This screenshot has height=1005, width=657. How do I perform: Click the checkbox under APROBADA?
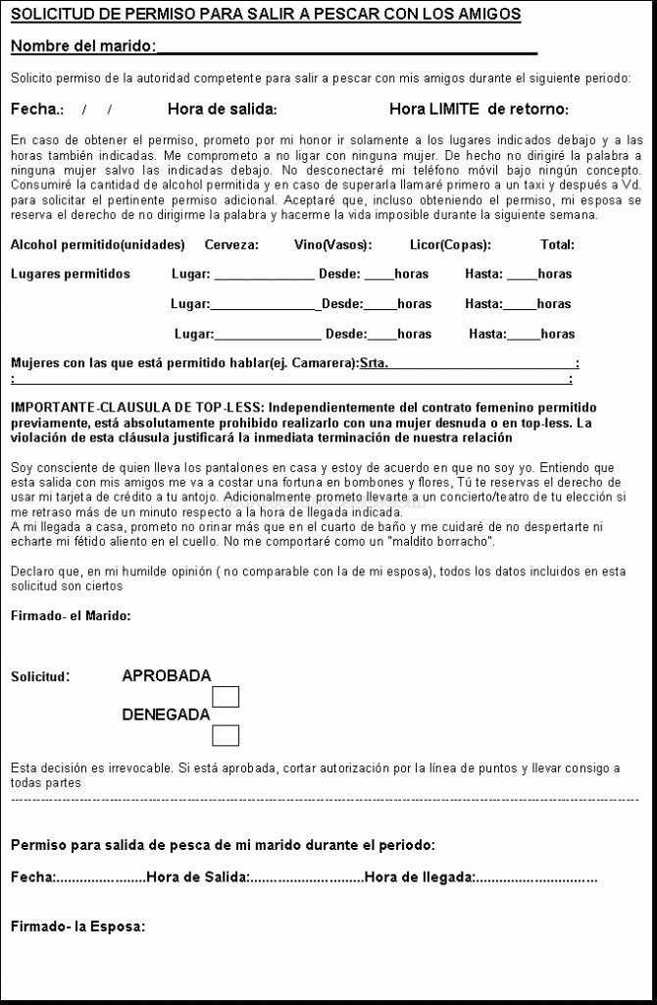pyautogui.click(x=226, y=698)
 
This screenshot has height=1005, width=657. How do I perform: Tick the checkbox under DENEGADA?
pyautogui.click(x=226, y=735)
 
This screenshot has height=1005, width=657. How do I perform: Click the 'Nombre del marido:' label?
pyautogui.click(x=83, y=47)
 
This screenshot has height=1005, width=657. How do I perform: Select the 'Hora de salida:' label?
pyautogui.click(x=223, y=109)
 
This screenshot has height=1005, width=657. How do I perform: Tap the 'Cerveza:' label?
pyautogui.click(x=231, y=244)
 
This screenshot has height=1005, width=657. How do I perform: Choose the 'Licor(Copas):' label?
pyautogui.click(x=450, y=244)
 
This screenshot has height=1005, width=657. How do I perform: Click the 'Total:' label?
pyautogui.click(x=557, y=244)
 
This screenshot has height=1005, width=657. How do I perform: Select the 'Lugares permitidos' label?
pyautogui.click(x=70, y=274)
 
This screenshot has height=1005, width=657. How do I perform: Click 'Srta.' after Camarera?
pyautogui.click(x=374, y=364)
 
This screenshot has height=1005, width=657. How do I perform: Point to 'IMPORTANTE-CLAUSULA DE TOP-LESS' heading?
pyautogui.click(x=137, y=407)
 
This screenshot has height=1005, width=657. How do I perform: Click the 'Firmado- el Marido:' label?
pyautogui.click(x=71, y=616)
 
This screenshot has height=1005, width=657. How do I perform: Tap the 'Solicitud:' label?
pyautogui.click(x=40, y=676)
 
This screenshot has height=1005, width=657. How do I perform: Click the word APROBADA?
pyautogui.click(x=166, y=675)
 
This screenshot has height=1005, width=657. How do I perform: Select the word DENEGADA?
pyautogui.click(x=166, y=714)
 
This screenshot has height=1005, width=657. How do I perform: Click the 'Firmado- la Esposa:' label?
pyautogui.click(x=78, y=926)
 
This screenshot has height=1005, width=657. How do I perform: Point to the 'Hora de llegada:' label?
pyautogui.click(x=419, y=876)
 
